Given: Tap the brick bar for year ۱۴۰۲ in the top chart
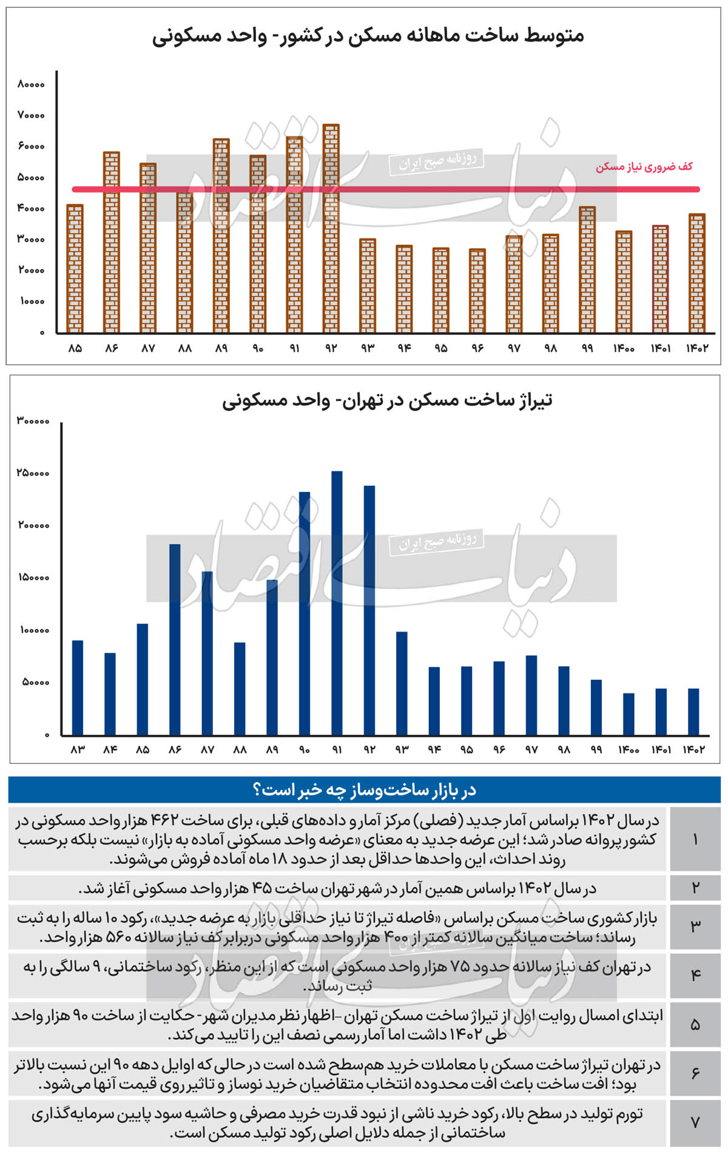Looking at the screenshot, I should pos(696,273).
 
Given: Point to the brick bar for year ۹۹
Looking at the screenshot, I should pos(587,269).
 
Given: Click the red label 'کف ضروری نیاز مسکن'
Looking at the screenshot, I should pos(644,166).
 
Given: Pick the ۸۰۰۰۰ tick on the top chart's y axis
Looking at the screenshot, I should pos(31,84).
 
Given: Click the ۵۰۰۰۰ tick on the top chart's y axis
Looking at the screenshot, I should pos(31,178).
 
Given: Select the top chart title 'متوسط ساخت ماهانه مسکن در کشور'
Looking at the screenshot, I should pos(368,36).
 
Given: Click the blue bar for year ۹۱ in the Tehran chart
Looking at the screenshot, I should pos(337,603).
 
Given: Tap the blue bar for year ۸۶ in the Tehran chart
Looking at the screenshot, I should pos(175,639).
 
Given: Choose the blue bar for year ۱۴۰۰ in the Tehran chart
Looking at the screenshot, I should pos(629,714).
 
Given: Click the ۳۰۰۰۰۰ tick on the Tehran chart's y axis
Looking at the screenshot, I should pos(33,420).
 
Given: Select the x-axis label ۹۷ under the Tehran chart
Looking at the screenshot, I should pos(531,750).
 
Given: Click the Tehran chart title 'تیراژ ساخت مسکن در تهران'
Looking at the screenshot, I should pos(387,400).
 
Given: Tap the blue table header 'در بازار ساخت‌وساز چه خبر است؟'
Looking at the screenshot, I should pos(364,790).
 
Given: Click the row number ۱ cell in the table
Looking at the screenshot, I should pos(695,839).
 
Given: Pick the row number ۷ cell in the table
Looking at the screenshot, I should pos(695,1123).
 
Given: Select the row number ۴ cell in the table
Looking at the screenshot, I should pos(695,976).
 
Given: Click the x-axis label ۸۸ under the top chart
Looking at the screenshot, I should pos(184,348).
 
